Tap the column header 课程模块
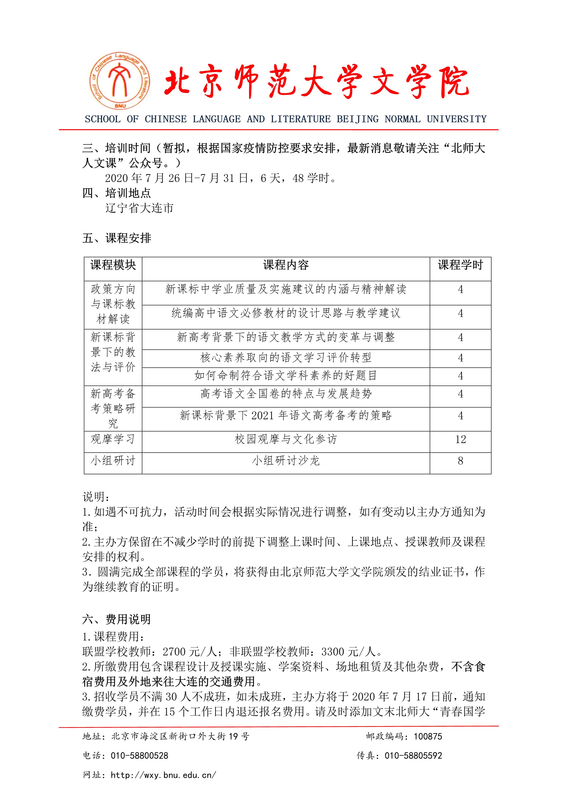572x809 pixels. tap(113, 265)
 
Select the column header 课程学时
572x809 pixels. tap(460, 265)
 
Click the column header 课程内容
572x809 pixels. tap(286, 265)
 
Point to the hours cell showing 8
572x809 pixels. tap(460, 461)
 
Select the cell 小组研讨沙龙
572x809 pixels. tap(286, 461)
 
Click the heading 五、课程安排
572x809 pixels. tap(116, 238)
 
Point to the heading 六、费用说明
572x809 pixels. tap(116, 619)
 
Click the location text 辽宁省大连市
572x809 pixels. tap(140, 208)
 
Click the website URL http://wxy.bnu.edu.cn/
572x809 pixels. tap(164, 775)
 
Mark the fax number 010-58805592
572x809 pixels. tap(413, 756)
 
